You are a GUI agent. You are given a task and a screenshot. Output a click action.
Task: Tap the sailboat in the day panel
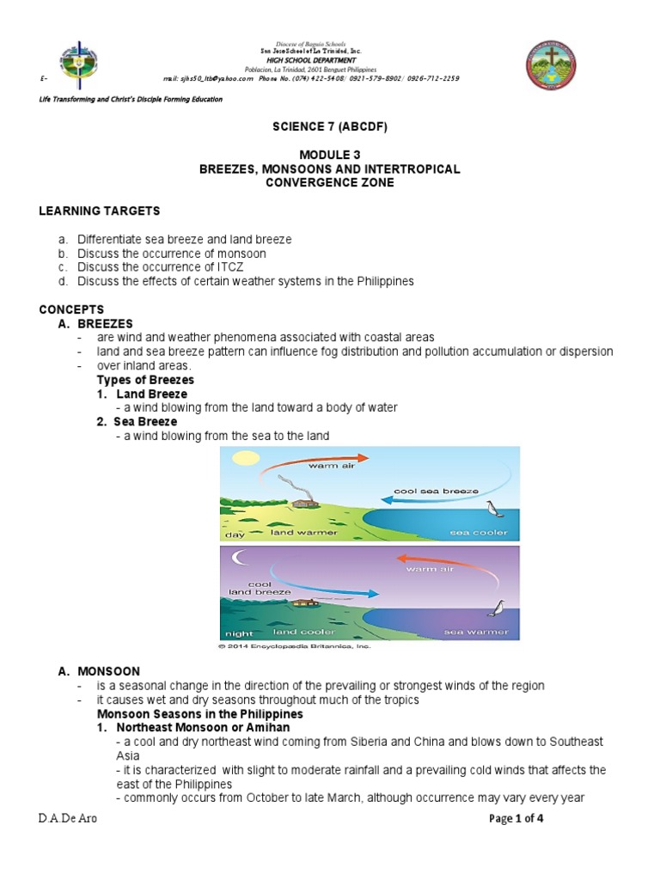pos(492,510)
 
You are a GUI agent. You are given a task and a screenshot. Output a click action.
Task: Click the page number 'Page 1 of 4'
pos(516,818)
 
